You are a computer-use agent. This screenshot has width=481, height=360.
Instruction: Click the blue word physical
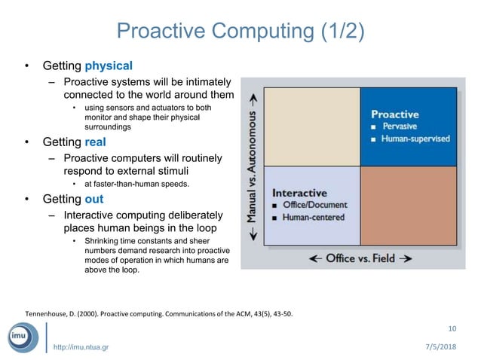109,66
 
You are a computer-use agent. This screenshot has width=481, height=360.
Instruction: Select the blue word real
96,142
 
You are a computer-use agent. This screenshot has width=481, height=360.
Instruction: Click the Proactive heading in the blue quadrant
394,114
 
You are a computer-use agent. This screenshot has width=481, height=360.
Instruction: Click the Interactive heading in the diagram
299,193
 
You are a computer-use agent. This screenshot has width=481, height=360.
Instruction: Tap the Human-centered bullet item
313,218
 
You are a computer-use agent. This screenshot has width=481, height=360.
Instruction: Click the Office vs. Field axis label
361,258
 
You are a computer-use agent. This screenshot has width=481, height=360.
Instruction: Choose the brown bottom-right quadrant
408,205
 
